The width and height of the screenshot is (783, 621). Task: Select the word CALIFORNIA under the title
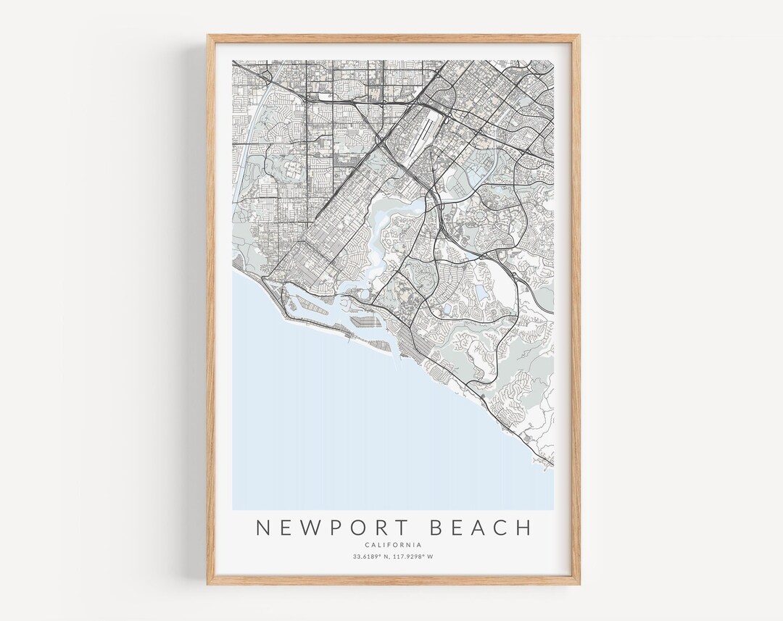click(x=394, y=545)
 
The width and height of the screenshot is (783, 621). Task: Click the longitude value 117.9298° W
click(x=416, y=557)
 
